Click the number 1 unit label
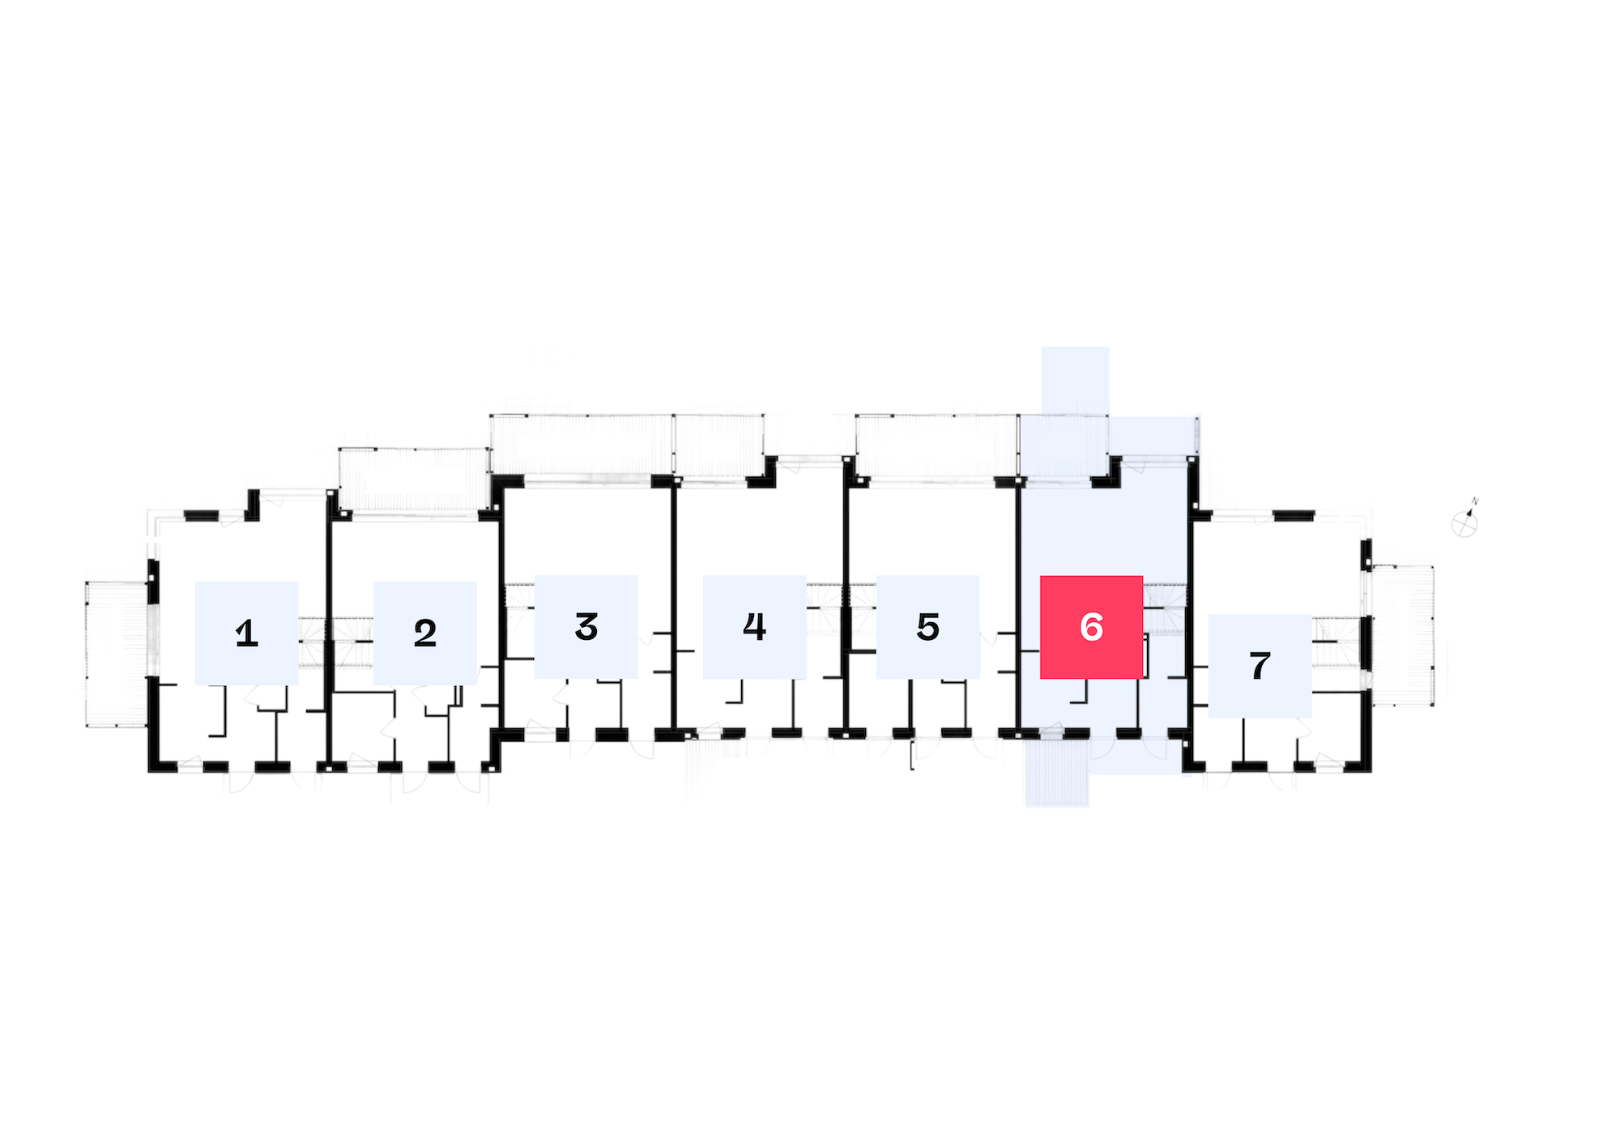click(x=247, y=633)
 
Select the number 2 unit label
click(x=425, y=633)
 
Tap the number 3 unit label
click(x=586, y=627)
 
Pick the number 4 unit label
click(x=754, y=627)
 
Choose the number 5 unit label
click(x=928, y=627)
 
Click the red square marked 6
click(x=1092, y=627)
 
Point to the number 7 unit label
click(x=1260, y=666)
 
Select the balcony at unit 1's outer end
click(x=117, y=654)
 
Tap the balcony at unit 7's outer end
click(x=1402, y=636)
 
